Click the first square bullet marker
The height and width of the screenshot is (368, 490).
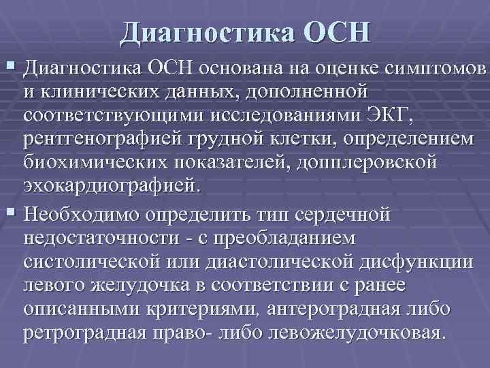click(9, 67)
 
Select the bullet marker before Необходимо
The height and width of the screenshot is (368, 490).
click(9, 215)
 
